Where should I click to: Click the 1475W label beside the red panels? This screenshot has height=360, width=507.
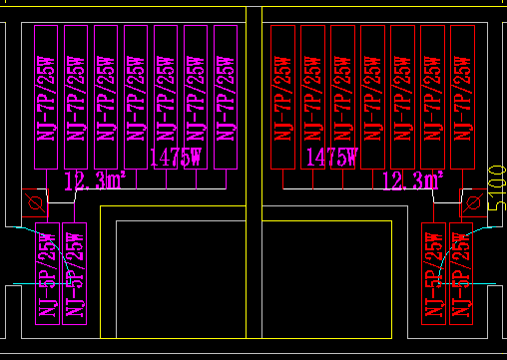point(332,157)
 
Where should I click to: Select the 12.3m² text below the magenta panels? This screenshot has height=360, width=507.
point(95,181)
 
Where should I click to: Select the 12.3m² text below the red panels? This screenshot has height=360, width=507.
point(413,180)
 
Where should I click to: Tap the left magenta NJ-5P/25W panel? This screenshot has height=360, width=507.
point(48,272)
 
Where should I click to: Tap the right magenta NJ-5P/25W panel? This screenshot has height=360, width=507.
point(74,272)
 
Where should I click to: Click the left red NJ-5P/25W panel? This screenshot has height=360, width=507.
point(433,272)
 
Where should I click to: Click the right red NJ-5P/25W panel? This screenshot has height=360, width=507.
point(459,272)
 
